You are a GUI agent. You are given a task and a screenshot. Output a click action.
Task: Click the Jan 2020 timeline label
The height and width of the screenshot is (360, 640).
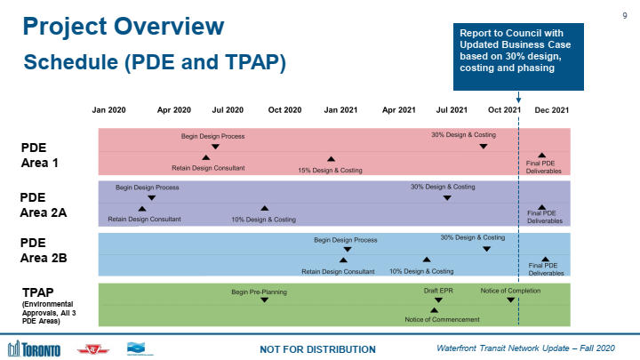[x=109, y=110]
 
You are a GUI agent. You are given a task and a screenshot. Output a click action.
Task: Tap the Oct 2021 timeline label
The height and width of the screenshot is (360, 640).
[x=504, y=110]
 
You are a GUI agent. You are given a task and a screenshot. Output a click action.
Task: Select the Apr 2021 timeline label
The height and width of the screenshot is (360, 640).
[x=399, y=110]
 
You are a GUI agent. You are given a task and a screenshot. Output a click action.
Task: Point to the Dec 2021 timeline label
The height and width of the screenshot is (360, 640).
[x=551, y=110]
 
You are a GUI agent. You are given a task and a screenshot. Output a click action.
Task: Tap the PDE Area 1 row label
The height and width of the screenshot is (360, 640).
[x=39, y=156]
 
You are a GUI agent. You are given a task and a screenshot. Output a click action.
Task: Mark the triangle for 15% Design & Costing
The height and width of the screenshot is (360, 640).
[x=331, y=159]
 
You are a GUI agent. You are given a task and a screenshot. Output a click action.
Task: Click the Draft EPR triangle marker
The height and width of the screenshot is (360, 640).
[x=438, y=300]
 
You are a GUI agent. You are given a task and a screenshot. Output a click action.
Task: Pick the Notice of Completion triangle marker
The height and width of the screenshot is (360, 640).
[x=511, y=300]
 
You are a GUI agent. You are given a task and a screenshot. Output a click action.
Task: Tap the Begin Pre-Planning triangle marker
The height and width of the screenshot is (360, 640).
[x=264, y=300]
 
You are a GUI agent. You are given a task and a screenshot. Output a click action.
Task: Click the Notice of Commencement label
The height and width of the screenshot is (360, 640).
[x=442, y=319]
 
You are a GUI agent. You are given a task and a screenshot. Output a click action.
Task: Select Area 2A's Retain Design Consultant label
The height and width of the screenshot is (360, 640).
[x=144, y=219]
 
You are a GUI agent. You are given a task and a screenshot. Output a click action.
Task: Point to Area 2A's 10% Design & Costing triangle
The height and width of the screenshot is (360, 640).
[x=264, y=209]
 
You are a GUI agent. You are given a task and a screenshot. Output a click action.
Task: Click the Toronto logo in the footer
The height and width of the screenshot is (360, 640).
[x=34, y=348]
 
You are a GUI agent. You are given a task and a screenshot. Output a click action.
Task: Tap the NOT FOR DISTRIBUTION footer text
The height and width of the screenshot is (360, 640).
[x=316, y=348]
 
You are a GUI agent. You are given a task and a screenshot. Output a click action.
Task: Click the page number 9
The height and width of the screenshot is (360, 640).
[x=624, y=12]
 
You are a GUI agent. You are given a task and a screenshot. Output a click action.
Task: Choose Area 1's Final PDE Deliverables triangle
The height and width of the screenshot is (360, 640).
[x=542, y=156]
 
